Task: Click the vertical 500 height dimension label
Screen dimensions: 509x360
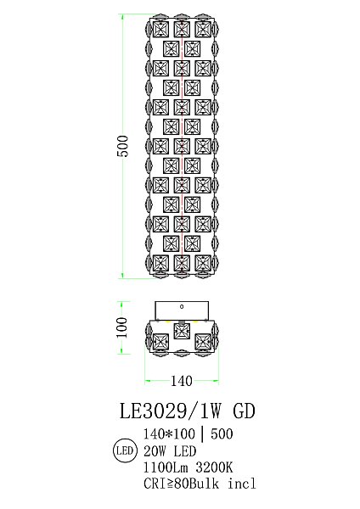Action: (122, 146)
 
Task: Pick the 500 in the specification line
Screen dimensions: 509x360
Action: (222, 434)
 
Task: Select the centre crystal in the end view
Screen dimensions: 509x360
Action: (180, 329)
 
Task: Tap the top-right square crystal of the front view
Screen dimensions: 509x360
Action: (202, 28)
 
